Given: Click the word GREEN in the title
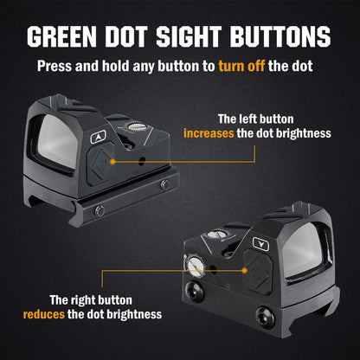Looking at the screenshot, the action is (x=62, y=36).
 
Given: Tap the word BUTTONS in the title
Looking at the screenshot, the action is (x=280, y=36).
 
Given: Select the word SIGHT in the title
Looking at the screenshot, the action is (x=189, y=36).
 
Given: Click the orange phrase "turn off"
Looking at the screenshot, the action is (x=241, y=66).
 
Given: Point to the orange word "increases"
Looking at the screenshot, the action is (x=209, y=133).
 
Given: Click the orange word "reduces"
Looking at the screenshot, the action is (x=44, y=314).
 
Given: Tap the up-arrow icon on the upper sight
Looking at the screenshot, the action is (x=99, y=137).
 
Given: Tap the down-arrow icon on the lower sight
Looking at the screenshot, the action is (x=260, y=244).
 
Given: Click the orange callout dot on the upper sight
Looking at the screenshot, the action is (x=112, y=162).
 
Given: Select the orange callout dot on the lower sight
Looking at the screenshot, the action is (x=245, y=271).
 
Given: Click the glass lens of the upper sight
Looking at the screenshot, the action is (x=59, y=141).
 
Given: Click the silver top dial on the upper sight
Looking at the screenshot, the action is (x=135, y=126).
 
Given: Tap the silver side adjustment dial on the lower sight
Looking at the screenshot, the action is (x=195, y=266).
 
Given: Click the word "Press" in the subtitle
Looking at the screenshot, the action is (x=55, y=66).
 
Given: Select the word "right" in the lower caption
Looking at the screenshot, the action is (x=85, y=300).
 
